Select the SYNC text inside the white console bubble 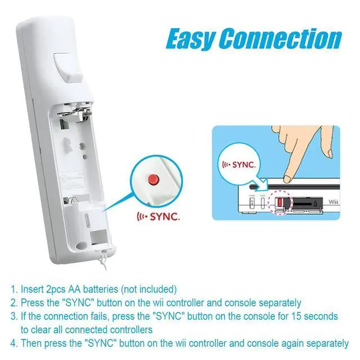point(244,166)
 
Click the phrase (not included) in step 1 point(149,290)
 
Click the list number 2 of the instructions point(13,303)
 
